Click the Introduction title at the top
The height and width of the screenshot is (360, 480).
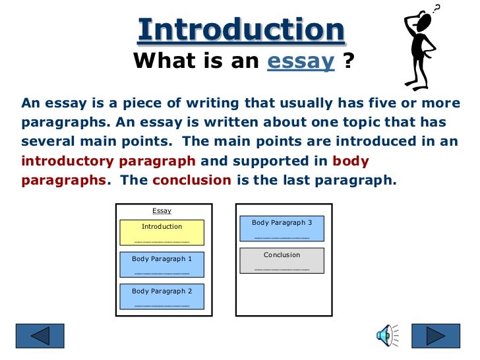click(x=241, y=30)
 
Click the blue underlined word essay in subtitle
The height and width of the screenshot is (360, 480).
click(x=301, y=62)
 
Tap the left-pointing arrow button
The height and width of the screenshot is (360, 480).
click(x=40, y=336)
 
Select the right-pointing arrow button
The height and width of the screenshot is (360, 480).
click(x=435, y=336)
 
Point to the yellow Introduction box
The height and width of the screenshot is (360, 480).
click(x=162, y=232)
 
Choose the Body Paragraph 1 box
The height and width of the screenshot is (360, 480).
click(x=162, y=264)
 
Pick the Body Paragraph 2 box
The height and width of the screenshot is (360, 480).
click(x=162, y=296)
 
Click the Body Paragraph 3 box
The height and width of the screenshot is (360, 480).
click(x=282, y=227)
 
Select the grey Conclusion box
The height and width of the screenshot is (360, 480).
click(x=282, y=260)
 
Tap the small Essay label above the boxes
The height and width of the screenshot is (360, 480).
click(x=162, y=211)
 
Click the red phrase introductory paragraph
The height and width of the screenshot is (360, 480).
click(x=108, y=161)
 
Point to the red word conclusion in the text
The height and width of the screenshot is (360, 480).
click(x=191, y=180)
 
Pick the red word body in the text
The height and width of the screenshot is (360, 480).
click(x=350, y=161)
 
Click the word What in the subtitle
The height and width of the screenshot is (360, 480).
click(x=158, y=62)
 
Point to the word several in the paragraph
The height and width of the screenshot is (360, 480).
click(x=47, y=142)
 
